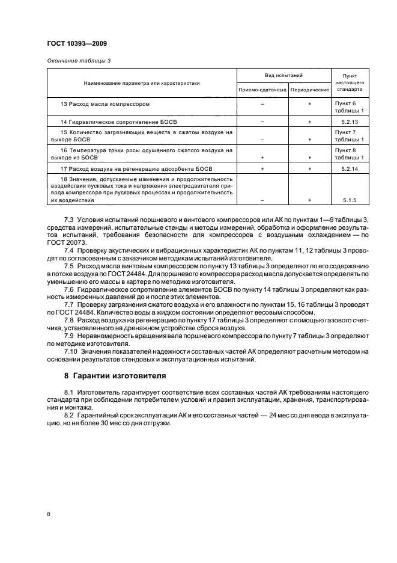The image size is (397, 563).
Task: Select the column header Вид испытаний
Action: [283, 76]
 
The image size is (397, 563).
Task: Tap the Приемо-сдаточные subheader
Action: [262, 90]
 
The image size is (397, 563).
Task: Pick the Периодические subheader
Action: [309, 90]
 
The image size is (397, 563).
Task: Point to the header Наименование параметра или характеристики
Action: [142, 83]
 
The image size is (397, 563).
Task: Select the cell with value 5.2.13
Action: [349, 122]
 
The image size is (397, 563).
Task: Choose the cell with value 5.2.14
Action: [349, 169]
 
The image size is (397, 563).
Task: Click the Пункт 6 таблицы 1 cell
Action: [349, 107]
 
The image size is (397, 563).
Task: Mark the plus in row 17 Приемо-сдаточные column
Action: [262, 169]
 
